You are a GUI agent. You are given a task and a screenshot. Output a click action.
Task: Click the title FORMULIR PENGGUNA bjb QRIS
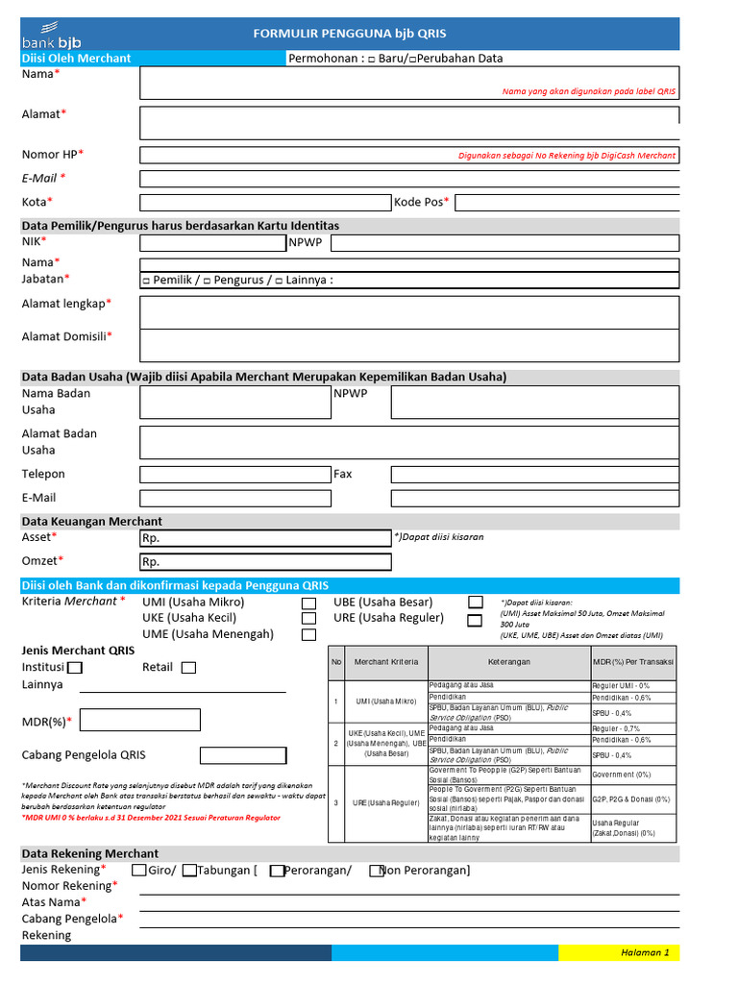pos(350,34)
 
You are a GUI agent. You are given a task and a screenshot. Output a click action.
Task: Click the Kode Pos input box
pos(566,202)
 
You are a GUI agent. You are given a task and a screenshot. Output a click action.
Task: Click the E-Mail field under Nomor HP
pos(409,179)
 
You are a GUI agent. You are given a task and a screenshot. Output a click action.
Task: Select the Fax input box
pos(534,475)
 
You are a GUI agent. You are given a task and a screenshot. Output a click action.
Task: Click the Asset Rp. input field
pos(265,538)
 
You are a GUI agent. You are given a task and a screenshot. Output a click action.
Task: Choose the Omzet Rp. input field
pos(265,562)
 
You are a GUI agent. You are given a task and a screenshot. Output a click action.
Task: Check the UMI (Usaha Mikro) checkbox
pos(308,603)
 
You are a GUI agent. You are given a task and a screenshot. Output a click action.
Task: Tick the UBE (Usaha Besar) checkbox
pos(475,603)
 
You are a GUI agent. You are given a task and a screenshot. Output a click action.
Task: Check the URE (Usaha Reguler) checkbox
pos(475,620)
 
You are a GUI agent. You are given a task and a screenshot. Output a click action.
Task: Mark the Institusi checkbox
pos(75,668)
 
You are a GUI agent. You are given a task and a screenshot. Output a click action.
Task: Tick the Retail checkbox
pos(188,668)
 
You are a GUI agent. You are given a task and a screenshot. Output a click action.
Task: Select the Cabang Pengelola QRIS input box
pos(243,755)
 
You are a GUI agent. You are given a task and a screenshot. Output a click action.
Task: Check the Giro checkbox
pos(139,871)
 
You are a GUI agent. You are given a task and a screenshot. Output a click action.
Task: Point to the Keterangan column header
pos(508,662)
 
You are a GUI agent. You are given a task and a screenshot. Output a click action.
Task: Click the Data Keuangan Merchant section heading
pos(92,521)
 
